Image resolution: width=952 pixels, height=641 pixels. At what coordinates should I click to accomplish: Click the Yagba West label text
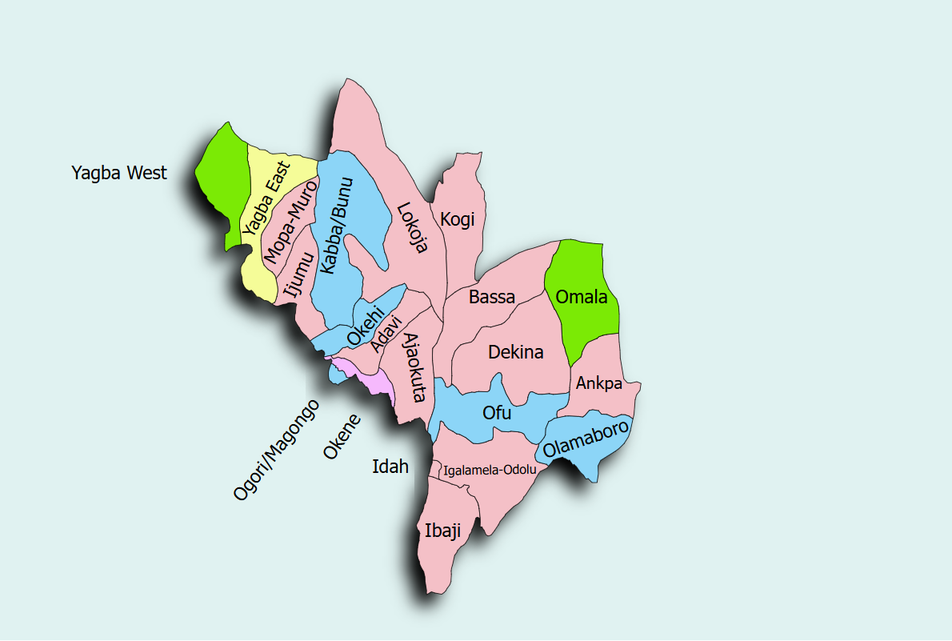tap(119, 172)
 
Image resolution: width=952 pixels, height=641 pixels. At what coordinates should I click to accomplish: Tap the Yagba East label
tap(267, 197)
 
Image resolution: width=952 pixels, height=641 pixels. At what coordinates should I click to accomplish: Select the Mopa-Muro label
tap(290, 223)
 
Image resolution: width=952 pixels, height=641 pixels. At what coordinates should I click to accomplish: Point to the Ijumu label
tap(296, 278)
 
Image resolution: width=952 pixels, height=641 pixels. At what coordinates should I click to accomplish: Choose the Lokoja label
tap(412, 228)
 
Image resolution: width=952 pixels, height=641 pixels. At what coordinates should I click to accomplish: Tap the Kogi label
tap(458, 219)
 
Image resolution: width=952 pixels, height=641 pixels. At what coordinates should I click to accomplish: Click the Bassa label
tap(492, 298)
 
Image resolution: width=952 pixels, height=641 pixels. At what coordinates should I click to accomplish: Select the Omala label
tap(582, 298)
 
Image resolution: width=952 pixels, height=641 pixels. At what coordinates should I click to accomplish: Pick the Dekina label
tap(515, 352)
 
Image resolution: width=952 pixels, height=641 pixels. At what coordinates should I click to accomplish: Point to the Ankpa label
tap(599, 384)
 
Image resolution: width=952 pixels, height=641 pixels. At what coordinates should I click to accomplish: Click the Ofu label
tap(497, 413)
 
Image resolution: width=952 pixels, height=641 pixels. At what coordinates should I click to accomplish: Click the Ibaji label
tap(443, 531)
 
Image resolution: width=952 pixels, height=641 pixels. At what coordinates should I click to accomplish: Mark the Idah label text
tap(390, 467)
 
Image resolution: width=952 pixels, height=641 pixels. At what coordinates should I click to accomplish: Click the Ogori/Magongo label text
tap(276, 450)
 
